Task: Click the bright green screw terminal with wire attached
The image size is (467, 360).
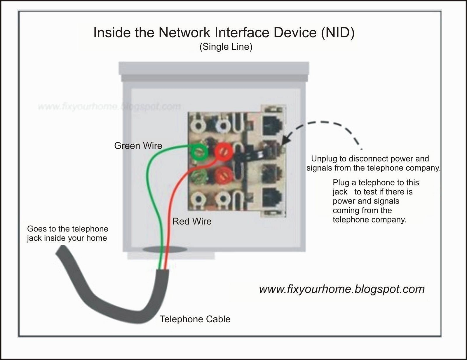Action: [x=200, y=152]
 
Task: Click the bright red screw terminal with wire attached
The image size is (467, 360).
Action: [x=224, y=152]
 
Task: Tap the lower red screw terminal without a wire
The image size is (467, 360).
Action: [x=223, y=175]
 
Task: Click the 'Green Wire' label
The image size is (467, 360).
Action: [x=138, y=145]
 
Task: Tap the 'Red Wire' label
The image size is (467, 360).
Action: [x=192, y=221]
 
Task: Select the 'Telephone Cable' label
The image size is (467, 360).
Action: [x=195, y=319]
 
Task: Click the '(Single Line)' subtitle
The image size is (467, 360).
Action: [x=226, y=47]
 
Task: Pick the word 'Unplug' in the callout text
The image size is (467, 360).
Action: [x=324, y=159]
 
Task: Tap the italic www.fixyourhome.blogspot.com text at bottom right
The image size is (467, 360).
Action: [x=341, y=289]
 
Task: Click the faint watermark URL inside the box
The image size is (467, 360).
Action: [x=109, y=107]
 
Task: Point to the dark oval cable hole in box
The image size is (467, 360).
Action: [x=165, y=249]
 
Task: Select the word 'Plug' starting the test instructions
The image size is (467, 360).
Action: [x=341, y=182]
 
